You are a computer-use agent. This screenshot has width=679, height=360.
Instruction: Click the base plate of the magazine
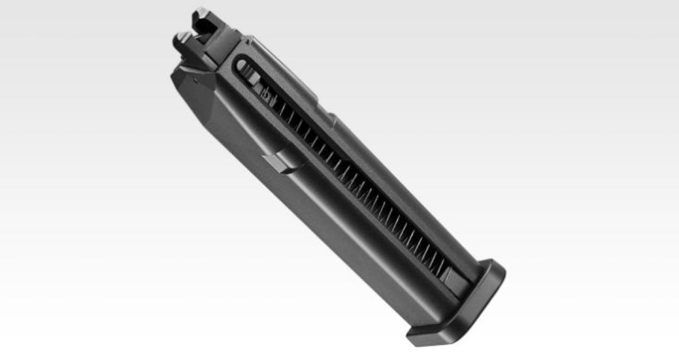pos(459,308)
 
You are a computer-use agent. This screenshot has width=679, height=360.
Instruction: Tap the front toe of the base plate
pos(419,336)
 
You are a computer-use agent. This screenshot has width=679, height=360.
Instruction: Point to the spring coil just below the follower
pos(277,107)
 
